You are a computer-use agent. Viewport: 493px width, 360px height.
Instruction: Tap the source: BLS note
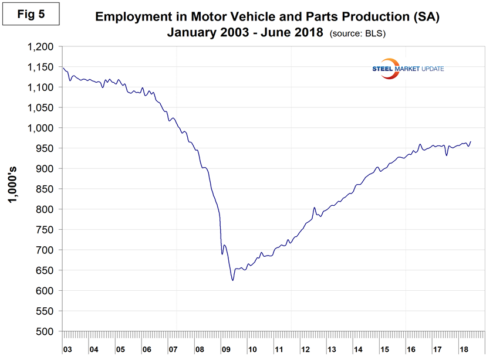[x=358, y=33]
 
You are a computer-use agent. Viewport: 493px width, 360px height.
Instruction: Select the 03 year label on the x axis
[x=67, y=350]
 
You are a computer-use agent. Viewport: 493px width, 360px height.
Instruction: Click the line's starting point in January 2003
[x=63, y=67]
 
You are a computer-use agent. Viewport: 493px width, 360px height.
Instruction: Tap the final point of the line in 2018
[x=471, y=141]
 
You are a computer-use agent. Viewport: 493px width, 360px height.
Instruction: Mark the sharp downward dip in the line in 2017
[x=447, y=155]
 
